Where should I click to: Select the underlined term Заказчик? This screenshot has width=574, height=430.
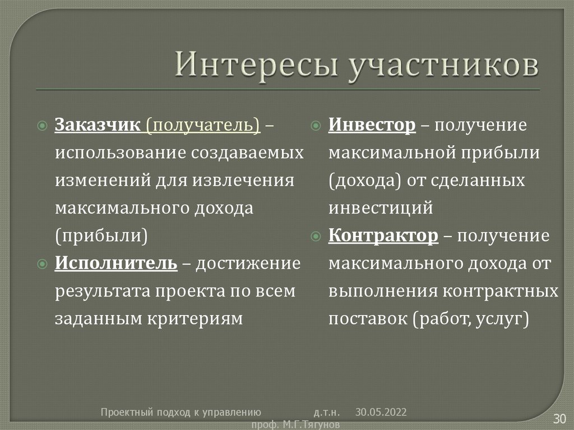point(98,125)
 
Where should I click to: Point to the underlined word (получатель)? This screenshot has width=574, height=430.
point(203,125)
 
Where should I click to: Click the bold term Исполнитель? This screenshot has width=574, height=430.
point(116,262)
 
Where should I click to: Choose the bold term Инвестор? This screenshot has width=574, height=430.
point(372,124)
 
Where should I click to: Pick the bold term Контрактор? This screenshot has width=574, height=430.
point(383,235)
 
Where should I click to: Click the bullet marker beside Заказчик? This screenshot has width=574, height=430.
point(42,126)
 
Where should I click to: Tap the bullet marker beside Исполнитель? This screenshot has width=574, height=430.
point(42,263)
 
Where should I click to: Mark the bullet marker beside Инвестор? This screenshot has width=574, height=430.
point(316,125)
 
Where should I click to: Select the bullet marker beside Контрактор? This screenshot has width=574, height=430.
point(316,236)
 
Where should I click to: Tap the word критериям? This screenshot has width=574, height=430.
point(196,318)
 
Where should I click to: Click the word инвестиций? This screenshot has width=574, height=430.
point(381,208)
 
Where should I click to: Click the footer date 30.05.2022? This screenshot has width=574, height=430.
point(381,413)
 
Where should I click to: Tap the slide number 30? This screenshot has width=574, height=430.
point(559,418)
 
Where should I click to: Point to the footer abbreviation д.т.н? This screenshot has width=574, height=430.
point(325,413)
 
